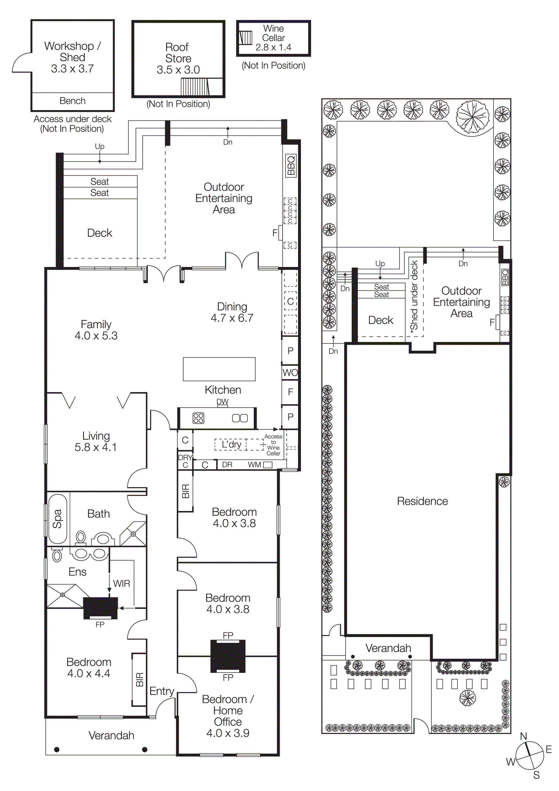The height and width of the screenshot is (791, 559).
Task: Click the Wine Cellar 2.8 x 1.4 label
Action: tap(273, 38)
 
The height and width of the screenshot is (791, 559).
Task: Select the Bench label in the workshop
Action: tap(72, 101)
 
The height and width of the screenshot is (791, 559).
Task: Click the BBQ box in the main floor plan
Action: tap(291, 166)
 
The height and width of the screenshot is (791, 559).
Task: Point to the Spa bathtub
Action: tap(57, 519)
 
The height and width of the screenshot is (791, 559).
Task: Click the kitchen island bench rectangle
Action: tap(219, 369)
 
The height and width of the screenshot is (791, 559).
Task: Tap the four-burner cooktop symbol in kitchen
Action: tap(198, 418)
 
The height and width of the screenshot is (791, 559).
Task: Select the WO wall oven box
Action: tap(290, 373)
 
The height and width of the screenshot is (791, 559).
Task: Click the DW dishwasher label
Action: tap(222, 401)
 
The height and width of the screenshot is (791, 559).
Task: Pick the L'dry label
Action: tap(231, 444)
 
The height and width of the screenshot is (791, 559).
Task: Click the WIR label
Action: tap(121, 584)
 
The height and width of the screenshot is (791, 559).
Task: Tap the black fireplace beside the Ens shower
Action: tap(101, 608)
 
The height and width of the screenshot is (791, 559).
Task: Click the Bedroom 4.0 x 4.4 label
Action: tap(89, 668)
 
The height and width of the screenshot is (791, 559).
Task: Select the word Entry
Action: tap(162, 691)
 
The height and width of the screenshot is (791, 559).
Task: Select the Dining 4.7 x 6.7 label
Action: tap(232, 312)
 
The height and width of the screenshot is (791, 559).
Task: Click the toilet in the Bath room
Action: tap(81, 537)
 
